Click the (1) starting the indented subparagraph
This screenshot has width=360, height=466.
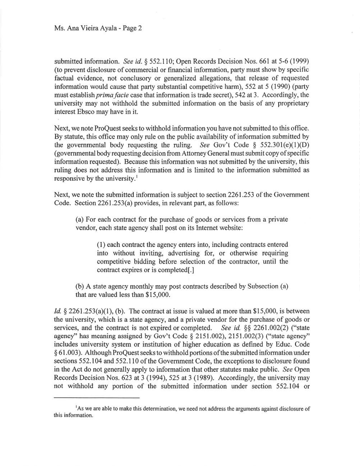(x=101, y=245)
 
